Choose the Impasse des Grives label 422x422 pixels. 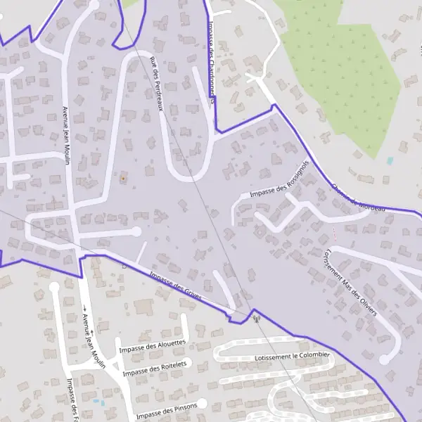[176, 287]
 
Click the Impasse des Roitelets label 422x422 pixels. [155, 368]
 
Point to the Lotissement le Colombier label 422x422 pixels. [292, 357]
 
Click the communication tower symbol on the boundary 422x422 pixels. [256, 318]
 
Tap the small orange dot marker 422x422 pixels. [123, 179]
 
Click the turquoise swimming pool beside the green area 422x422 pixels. [390, 161]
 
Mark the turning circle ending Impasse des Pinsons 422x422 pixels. [202, 403]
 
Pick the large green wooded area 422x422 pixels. [345, 70]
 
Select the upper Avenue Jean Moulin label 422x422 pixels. [67, 135]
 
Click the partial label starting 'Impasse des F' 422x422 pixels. [71, 399]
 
